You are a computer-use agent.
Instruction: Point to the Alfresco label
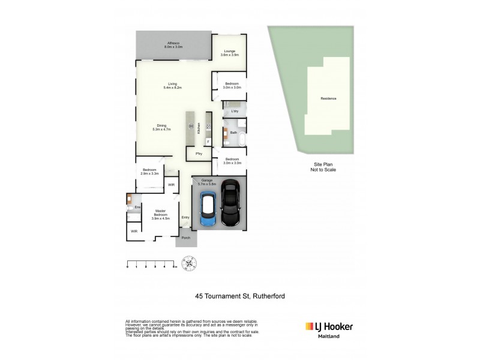pyautogui.click(x=175, y=44)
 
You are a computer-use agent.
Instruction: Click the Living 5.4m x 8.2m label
pyautogui.click(x=172, y=86)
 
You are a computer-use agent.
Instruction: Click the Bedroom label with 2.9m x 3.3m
pyautogui.click(x=150, y=172)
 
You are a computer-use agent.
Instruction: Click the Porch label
pyautogui.click(x=186, y=239)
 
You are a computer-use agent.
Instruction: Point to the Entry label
pyautogui.click(x=185, y=217)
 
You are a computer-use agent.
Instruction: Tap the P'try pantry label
pyautogui.click(x=198, y=154)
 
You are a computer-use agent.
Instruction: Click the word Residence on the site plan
pyautogui.click(x=328, y=98)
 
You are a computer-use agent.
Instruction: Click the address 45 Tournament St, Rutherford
pyautogui.click(x=239, y=295)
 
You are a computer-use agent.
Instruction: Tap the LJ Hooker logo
pyautogui.click(x=329, y=327)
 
